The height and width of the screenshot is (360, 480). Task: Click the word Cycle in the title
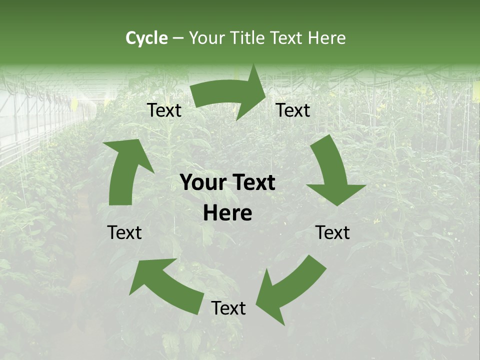146,38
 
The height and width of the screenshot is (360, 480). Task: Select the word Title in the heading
249,38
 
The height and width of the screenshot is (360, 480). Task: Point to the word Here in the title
326,38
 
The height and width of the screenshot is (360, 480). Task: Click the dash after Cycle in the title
178,38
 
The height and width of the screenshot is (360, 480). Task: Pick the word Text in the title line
288,38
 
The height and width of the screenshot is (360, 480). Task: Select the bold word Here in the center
227,213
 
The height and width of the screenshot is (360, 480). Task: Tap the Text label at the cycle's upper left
164,110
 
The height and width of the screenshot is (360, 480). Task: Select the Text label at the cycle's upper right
293,110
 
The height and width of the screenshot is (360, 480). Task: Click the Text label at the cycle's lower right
333,232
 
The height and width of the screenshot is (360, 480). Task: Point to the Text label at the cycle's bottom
228,308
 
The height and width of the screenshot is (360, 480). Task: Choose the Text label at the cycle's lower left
124,232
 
